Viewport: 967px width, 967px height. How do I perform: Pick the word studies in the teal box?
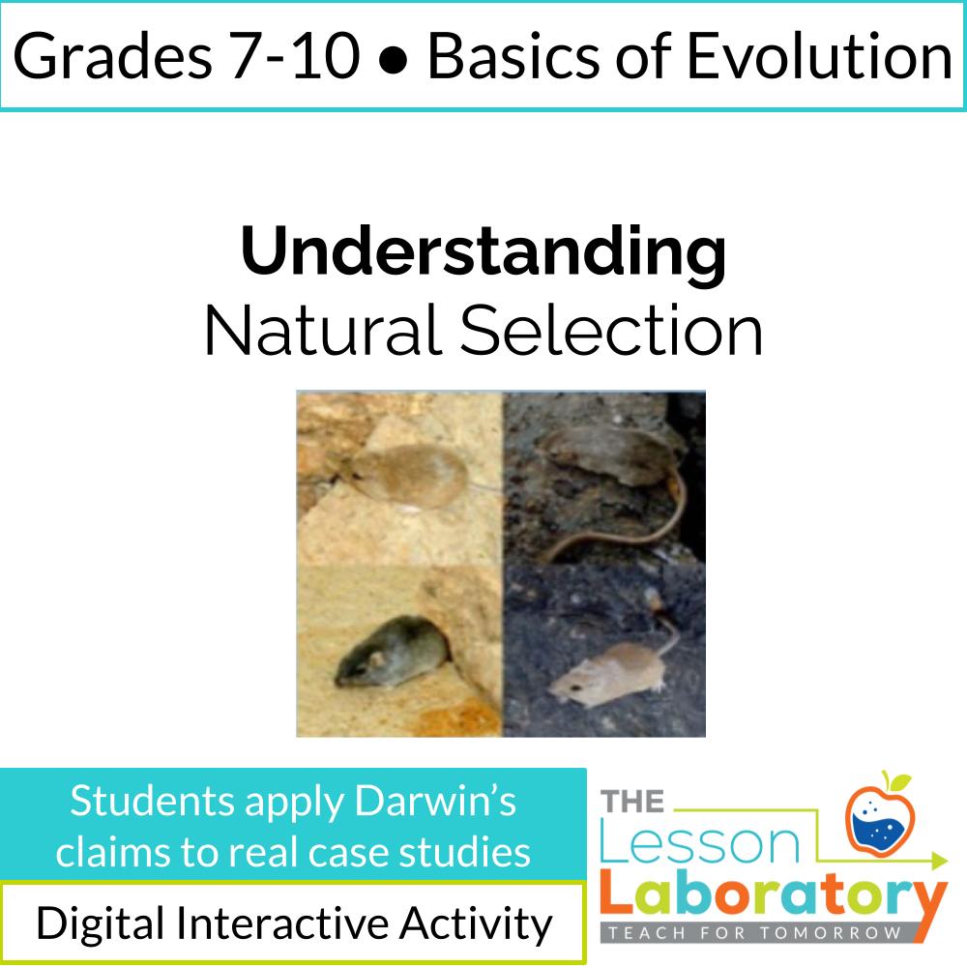465,851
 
